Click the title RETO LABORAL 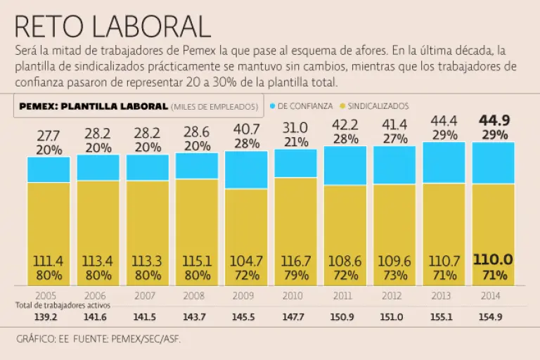pyautogui.click(x=112, y=26)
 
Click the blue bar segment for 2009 pyautogui.click(x=246, y=169)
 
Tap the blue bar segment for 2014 pyautogui.click(x=493, y=162)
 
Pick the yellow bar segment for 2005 pyautogui.click(x=49, y=218)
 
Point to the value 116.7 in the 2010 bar pyautogui.click(x=295, y=261)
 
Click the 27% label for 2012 pyautogui.click(x=394, y=139)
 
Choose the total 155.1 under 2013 pyautogui.click(x=444, y=317)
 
